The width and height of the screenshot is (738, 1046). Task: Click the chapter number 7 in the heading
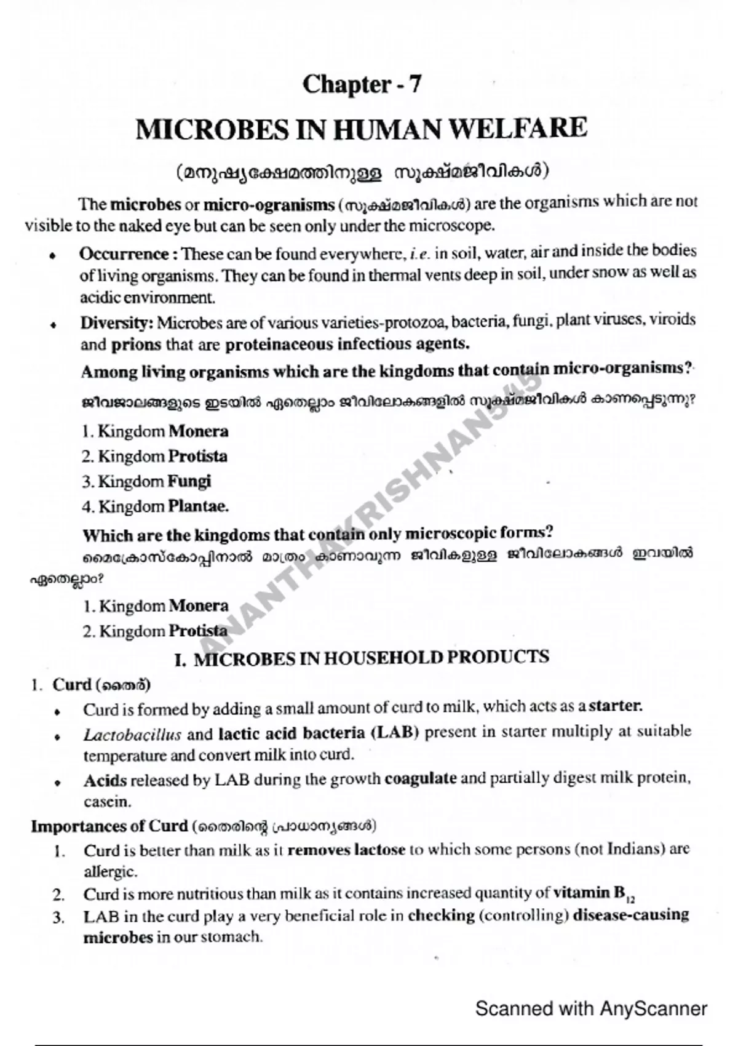tap(415, 84)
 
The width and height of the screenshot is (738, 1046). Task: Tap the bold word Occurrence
tap(124, 254)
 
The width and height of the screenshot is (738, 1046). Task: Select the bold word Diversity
tap(116, 322)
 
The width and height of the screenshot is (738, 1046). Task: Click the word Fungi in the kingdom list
tap(190, 481)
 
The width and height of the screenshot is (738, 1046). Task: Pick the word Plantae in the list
tap(198, 506)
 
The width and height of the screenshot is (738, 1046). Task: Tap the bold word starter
tap(616, 706)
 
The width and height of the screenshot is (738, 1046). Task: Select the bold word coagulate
tap(421, 778)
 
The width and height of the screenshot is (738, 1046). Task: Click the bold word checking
tap(441, 916)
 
